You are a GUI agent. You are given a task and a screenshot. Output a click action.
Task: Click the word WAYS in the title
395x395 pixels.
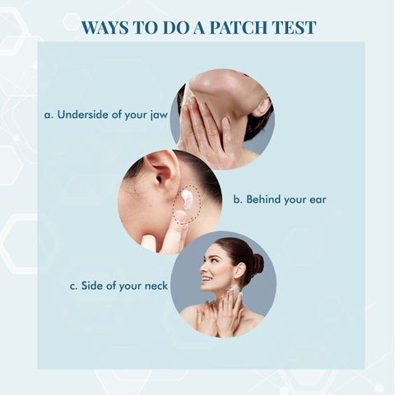[x=106, y=27]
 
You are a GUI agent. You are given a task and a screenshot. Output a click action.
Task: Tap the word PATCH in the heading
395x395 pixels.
[x=240, y=27]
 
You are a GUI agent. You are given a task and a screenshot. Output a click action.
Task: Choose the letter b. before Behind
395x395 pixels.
[x=239, y=199]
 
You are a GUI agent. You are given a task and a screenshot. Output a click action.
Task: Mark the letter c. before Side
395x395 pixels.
[x=73, y=286]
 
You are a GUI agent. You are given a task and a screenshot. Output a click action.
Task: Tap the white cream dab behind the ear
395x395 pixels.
[x=187, y=198]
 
